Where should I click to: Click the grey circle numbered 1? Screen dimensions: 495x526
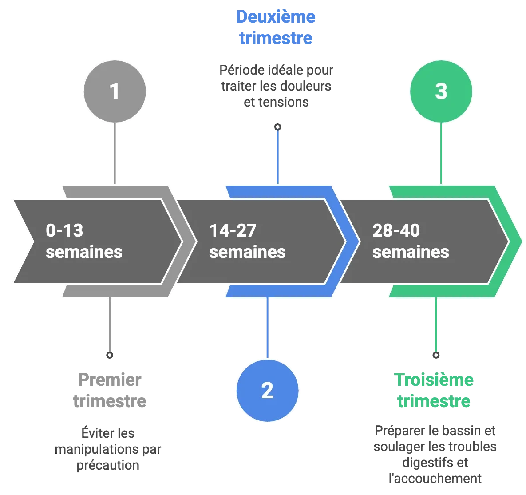(115, 91)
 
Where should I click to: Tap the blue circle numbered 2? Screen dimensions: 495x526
(267, 390)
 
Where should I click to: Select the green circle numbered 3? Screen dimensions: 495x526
(441, 91)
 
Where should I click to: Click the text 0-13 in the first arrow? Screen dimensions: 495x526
(64, 231)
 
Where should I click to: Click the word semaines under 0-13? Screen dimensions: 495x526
(84, 252)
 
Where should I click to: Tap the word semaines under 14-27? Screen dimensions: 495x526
(247, 252)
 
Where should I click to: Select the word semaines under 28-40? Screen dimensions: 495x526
(411, 252)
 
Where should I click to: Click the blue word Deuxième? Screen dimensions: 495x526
(275, 17)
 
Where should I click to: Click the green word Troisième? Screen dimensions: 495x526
(435, 380)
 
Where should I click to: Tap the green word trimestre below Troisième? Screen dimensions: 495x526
(434, 401)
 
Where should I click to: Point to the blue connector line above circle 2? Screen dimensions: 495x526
(267, 326)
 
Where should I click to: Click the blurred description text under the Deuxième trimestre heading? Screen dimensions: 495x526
(276, 86)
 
